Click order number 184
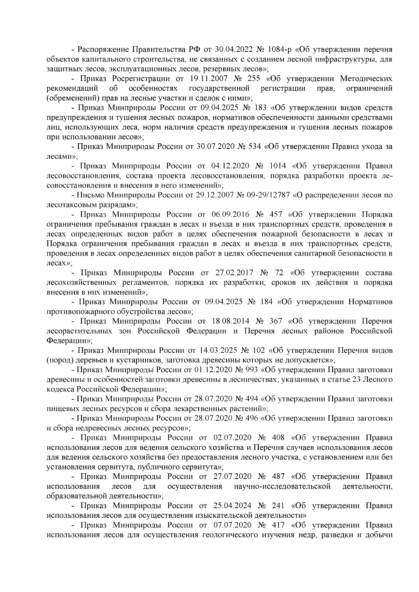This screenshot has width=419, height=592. tap(267, 302)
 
